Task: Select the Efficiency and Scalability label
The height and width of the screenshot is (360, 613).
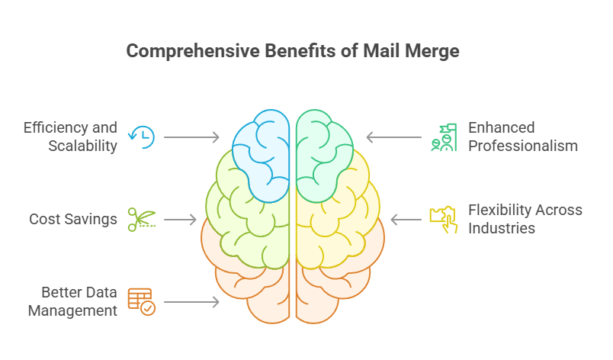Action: point(70,137)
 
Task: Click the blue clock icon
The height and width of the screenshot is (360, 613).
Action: point(143,137)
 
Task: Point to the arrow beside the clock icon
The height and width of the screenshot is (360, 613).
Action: point(191,137)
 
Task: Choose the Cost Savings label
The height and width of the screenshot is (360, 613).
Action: point(73,220)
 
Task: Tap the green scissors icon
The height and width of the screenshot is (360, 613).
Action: point(142,220)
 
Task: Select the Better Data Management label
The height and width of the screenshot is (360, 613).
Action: point(79,301)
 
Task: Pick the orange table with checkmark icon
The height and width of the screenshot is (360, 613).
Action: point(141,302)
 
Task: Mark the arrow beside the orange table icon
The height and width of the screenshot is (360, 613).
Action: point(191,302)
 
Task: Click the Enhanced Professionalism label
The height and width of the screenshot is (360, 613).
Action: point(522,137)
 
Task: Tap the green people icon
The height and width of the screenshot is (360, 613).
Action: point(443,137)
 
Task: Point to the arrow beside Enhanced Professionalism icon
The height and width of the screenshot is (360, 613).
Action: point(394,137)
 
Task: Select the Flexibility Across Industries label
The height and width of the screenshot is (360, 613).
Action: point(525,219)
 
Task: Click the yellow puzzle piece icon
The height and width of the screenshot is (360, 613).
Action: point(443,220)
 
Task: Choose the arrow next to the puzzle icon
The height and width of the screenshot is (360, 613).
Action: point(406,220)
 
